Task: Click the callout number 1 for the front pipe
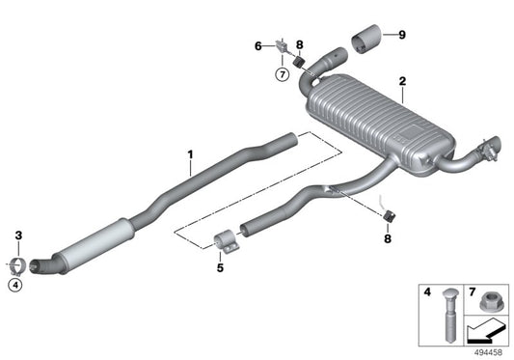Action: coord(190,154)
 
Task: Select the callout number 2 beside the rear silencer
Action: coord(402,84)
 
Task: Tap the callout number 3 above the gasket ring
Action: coord(17,235)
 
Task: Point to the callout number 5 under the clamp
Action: coord(219,267)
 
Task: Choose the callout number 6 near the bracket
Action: coord(258,44)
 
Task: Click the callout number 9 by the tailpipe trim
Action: coord(402,36)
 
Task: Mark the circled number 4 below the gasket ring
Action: coord(16,284)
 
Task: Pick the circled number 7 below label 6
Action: coord(283,74)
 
